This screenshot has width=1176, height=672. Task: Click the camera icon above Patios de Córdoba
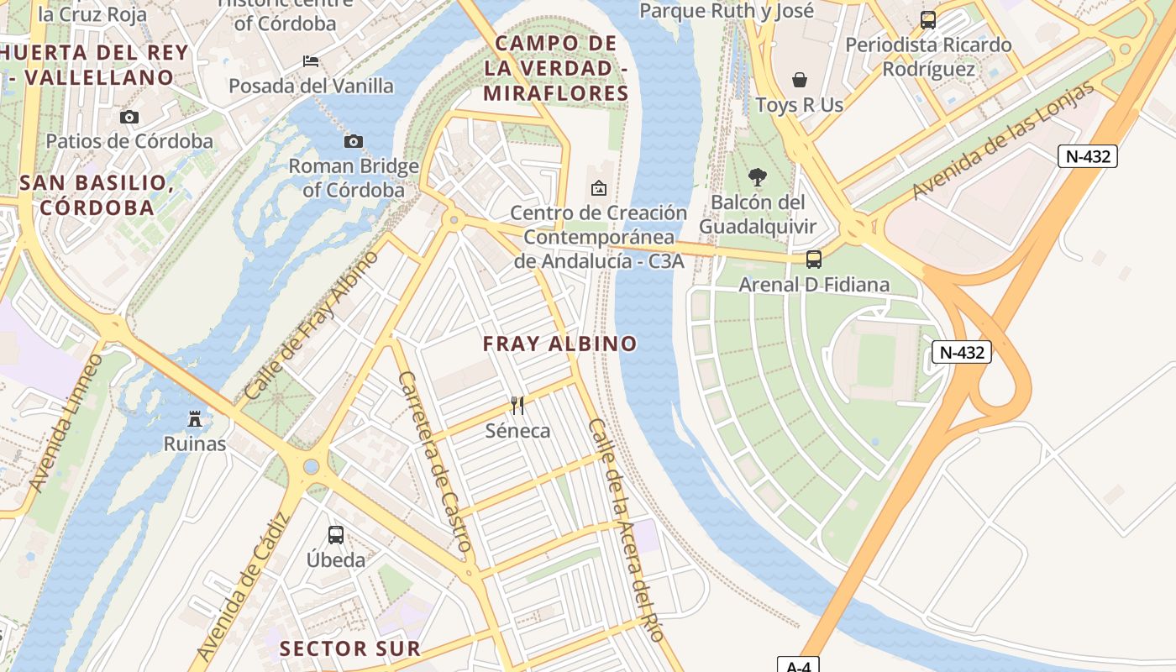(x=129, y=117)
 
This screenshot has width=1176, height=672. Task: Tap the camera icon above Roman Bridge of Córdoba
(x=354, y=141)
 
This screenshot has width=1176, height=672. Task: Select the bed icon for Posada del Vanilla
(x=310, y=61)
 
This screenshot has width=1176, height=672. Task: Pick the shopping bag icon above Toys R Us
(x=799, y=80)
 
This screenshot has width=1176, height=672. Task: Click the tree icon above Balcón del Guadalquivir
(x=757, y=177)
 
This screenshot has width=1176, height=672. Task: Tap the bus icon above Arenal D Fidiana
(x=813, y=260)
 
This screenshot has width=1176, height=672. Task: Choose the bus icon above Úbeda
(x=335, y=535)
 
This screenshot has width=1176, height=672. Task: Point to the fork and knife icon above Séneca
(x=517, y=406)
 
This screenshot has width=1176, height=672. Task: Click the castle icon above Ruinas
(x=195, y=418)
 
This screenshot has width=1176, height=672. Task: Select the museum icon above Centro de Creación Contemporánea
(x=598, y=188)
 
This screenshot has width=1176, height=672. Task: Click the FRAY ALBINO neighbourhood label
(x=559, y=344)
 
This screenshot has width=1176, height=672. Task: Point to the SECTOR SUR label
(x=349, y=648)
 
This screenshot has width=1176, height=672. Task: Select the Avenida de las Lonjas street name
(x=1004, y=140)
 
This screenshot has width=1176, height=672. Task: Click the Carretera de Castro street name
(x=433, y=461)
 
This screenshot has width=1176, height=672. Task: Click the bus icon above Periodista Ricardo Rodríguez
(x=927, y=20)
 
